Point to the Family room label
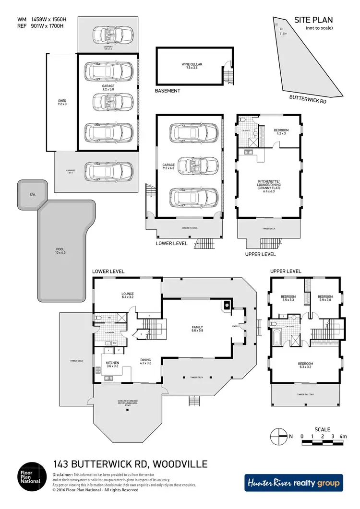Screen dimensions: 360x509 197,329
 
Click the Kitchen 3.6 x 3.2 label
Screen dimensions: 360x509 112,365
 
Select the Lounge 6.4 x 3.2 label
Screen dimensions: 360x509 128,295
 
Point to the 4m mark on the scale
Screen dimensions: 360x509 342,436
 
